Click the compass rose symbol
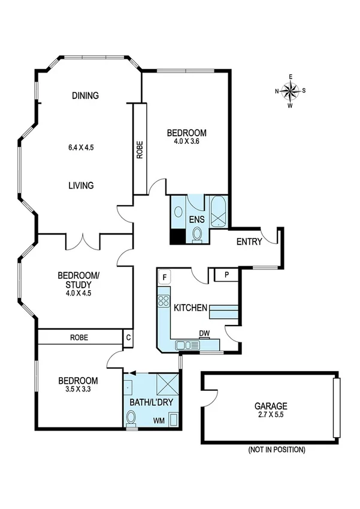[290, 91]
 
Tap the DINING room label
[84, 95]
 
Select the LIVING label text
[81, 185]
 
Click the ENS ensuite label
[197, 220]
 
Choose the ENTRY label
[250, 242]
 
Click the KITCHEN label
[190, 308]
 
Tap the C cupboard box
[128, 338]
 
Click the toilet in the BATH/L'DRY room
[131, 419]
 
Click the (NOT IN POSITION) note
[276, 449]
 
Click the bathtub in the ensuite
[218, 210]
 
